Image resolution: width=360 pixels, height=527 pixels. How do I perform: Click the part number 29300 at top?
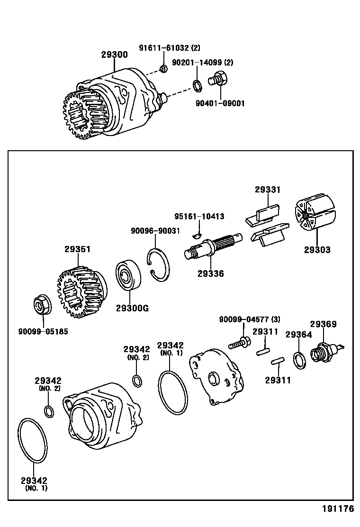click(x=114, y=55)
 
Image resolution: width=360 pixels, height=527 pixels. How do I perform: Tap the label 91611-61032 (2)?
click(x=169, y=48)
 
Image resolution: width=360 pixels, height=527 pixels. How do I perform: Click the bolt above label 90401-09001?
click(x=219, y=79)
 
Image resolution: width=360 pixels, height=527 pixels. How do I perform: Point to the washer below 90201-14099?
click(x=197, y=86)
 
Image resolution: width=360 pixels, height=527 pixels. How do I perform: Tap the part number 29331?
click(x=268, y=190)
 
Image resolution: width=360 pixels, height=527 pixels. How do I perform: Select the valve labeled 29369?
click(x=324, y=353)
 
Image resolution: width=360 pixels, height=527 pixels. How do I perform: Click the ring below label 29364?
click(x=299, y=360)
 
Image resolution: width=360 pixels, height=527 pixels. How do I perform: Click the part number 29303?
click(x=317, y=250)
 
